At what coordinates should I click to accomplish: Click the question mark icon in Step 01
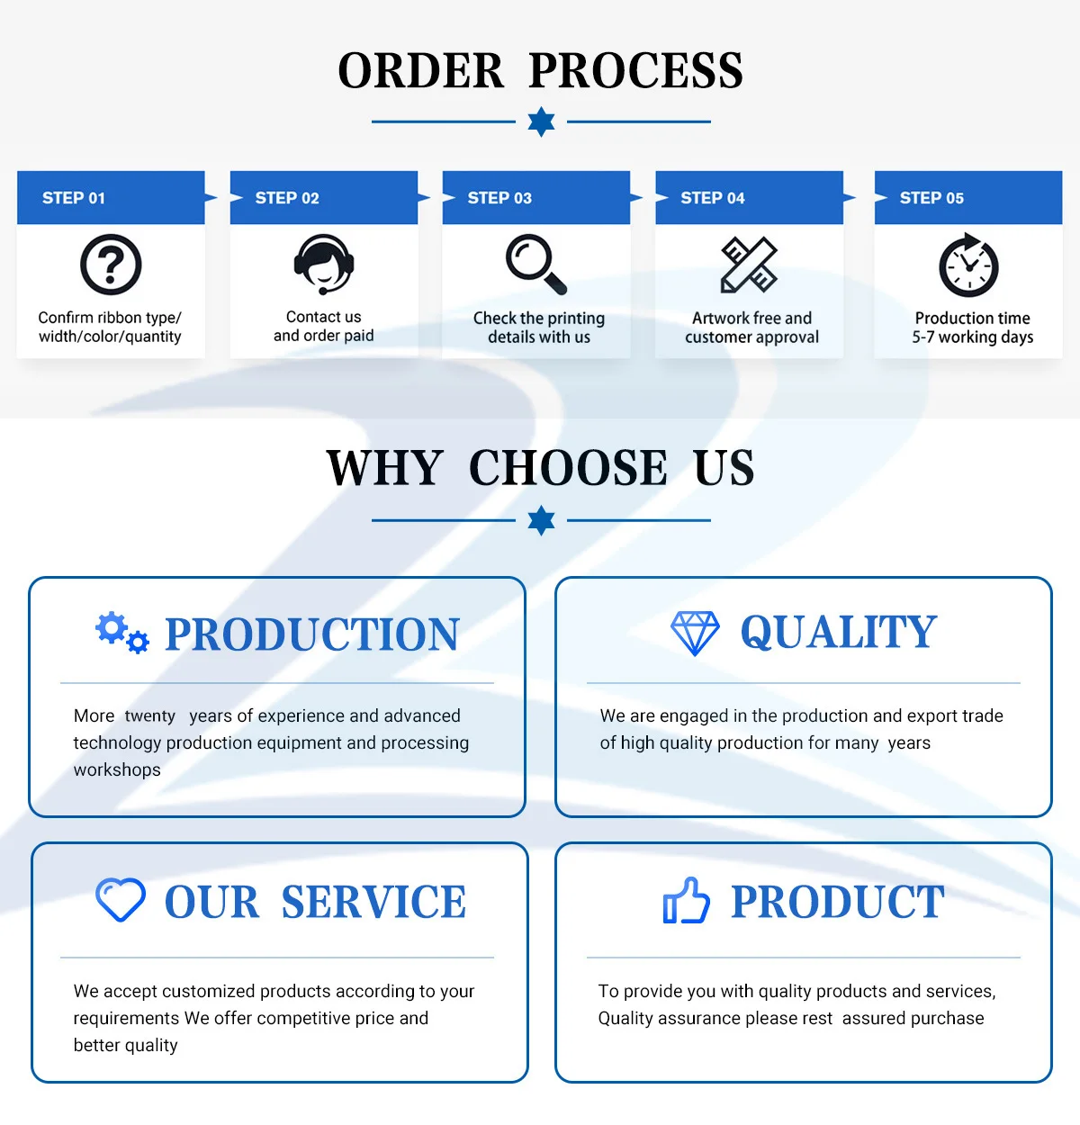tap(111, 265)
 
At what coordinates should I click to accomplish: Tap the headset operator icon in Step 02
tap(324, 264)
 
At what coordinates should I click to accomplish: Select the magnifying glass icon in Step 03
tap(536, 264)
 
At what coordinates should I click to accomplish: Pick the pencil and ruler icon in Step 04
tap(749, 265)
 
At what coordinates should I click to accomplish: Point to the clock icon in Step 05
tap(969, 265)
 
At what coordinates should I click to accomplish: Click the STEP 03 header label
tap(499, 198)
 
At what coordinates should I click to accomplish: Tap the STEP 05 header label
tap(931, 198)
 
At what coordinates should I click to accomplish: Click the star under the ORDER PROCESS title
tap(541, 121)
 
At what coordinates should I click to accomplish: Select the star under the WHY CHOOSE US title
tap(541, 520)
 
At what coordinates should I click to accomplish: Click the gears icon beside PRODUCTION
tap(122, 632)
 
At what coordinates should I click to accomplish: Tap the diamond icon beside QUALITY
tap(695, 633)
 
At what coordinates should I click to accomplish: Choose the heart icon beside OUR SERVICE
tap(121, 900)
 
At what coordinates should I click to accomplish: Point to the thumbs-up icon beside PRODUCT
tap(686, 901)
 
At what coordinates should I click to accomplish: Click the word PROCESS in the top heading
tap(635, 71)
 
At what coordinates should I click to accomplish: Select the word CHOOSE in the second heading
tap(568, 468)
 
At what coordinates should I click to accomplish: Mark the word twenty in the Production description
tap(150, 716)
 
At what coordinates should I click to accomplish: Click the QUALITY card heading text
tap(838, 632)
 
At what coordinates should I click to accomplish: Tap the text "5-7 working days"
tap(972, 337)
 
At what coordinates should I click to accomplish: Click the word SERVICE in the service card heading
tap(373, 902)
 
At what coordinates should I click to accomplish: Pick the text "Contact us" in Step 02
tap(323, 317)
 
